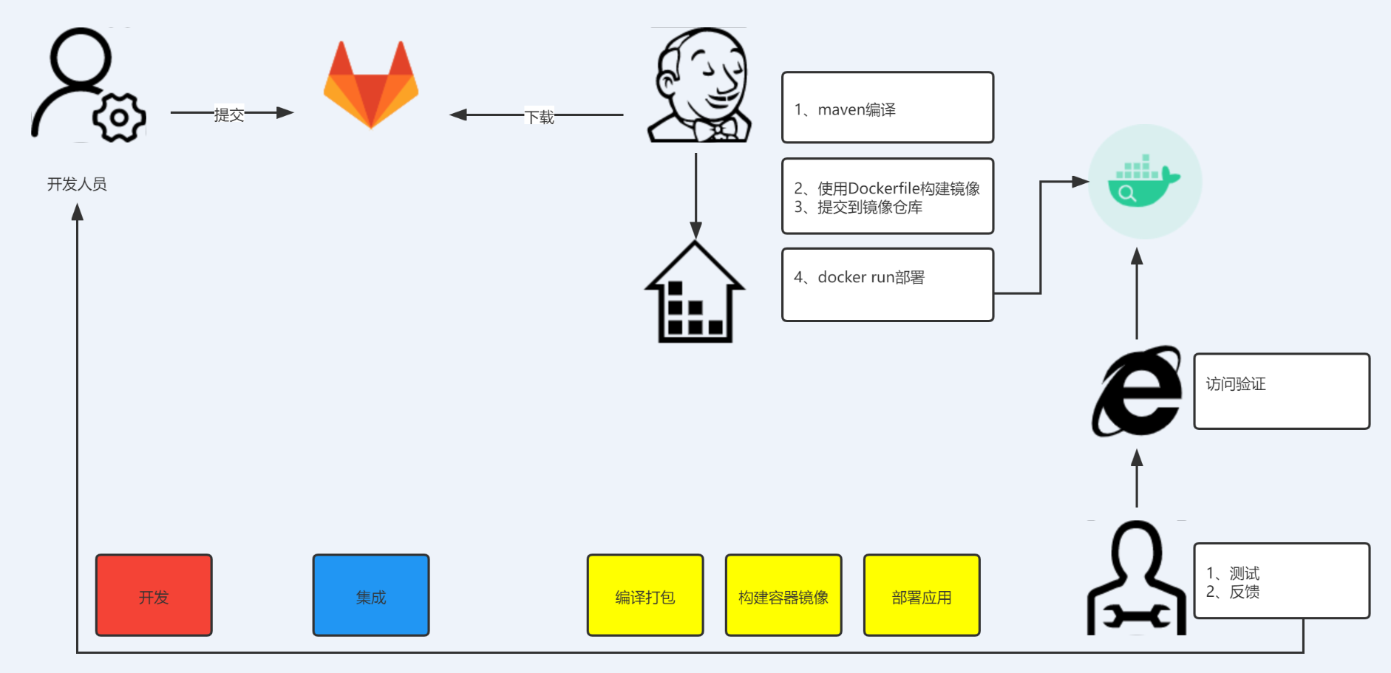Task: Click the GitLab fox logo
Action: pyautogui.click(x=371, y=86)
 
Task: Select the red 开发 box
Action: pyautogui.click(x=154, y=595)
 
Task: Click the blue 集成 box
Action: pyautogui.click(x=371, y=595)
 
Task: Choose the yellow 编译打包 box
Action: pyautogui.click(x=645, y=595)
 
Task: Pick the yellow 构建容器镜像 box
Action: pyautogui.click(x=783, y=595)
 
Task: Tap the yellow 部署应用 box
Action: pyautogui.click(x=922, y=595)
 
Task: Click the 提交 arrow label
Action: pyautogui.click(x=229, y=115)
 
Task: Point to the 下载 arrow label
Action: pyautogui.click(x=540, y=117)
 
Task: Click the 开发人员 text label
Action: pyautogui.click(x=77, y=184)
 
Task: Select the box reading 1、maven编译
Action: pyautogui.click(x=887, y=108)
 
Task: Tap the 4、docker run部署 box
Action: pyautogui.click(x=887, y=285)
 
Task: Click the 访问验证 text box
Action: pyautogui.click(x=1282, y=392)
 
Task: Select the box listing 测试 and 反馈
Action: pyautogui.click(x=1282, y=581)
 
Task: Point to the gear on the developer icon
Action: pyautogui.click(x=119, y=117)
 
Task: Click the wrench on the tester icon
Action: pyautogui.click(x=1137, y=616)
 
